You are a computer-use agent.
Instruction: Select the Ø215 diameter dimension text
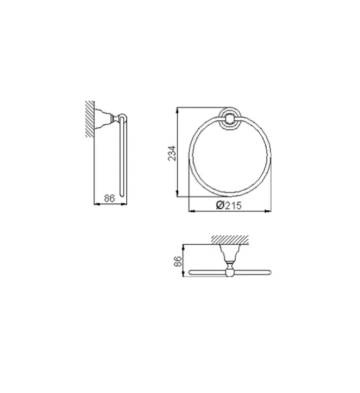pos(229,206)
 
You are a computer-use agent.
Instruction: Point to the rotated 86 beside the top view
pos(178,260)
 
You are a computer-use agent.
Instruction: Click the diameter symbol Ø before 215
pos(220,206)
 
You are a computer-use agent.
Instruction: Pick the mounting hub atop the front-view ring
pos(229,118)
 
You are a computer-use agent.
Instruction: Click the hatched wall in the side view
pos(90,118)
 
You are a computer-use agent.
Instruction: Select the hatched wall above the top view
pos(229,240)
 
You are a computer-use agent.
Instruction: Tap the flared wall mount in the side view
pos(104,118)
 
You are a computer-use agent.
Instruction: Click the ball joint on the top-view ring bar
pos(229,272)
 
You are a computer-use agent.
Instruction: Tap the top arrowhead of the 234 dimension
pos(177,109)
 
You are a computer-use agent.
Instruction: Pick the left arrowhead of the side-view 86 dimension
pos(96,204)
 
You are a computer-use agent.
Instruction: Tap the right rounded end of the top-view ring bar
pos(268,272)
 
